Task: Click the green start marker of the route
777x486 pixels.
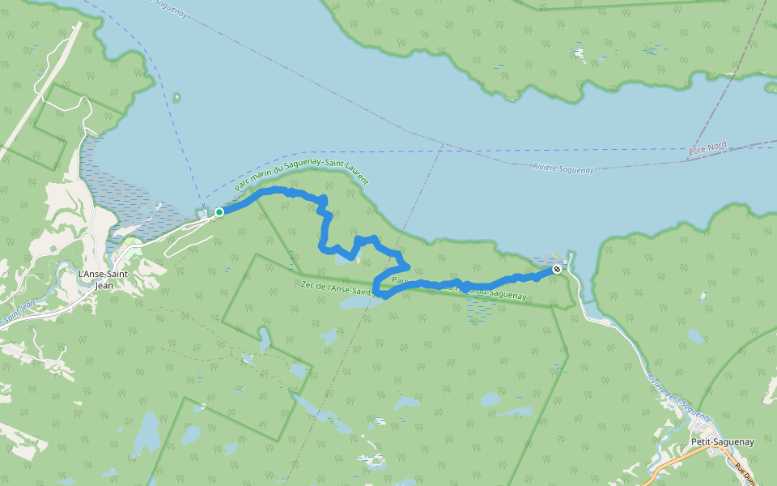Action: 219,212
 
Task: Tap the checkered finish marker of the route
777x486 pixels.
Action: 557,269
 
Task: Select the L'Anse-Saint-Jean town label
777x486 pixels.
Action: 104,279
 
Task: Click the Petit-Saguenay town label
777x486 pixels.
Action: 723,441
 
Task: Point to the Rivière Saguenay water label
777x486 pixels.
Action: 563,168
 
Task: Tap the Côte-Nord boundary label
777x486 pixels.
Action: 707,149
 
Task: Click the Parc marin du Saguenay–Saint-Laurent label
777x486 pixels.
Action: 295,173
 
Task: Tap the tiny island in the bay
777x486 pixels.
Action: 176,98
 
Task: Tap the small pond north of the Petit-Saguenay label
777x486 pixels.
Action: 694,335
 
